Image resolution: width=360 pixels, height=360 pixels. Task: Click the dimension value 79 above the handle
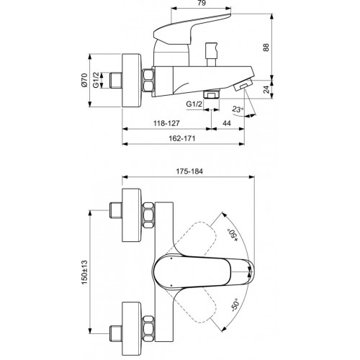(202, 3)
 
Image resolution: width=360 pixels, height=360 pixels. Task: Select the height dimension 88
(266, 47)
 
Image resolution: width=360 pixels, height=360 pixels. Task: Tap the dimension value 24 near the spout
(266, 89)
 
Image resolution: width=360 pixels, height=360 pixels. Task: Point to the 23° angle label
(238, 109)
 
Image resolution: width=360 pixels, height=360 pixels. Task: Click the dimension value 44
(227, 123)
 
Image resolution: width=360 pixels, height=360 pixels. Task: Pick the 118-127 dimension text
(166, 123)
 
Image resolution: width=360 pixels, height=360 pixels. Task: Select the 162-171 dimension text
(182, 138)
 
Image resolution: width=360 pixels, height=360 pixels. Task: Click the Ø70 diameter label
(84, 80)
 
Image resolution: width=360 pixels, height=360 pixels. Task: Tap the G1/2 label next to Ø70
(96, 80)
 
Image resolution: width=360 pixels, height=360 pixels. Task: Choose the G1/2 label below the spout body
(194, 104)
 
